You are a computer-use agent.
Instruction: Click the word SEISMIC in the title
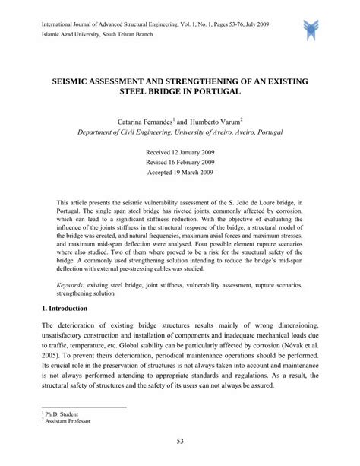click(75, 78)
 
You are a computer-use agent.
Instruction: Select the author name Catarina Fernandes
click(145, 121)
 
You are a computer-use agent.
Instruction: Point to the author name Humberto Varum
click(214, 121)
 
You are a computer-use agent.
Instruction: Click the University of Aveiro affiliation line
click(180, 132)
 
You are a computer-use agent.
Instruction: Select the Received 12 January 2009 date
click(180, 153)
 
